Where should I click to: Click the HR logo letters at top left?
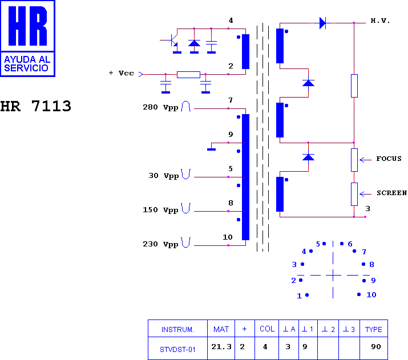click(x=27, y=26)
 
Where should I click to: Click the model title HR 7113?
click(x=35, y=106)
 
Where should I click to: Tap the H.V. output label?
click(x=380, y=21)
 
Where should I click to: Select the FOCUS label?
click(x=389, y=159)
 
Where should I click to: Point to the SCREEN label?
click(x=391, y=193)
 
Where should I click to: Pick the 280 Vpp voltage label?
click(x=160, y=107)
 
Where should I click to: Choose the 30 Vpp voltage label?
click(x=164, y=176)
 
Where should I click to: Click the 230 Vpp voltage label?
click(x=160, y=244)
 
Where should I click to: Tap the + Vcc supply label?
click(x=121, y=73)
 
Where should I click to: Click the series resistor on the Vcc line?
click(x=188, y=75)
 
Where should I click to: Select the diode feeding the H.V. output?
click(x=322, y=23)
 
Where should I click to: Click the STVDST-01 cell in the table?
click(x=177, y=349)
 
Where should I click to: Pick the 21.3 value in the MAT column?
click(x=221, y=347)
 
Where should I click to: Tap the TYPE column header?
click(x=373, y=330)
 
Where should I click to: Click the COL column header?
click(x=267, y=329)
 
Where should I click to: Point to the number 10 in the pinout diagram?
click(x=371, y=295)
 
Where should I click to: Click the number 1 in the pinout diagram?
click(x=299, y=296)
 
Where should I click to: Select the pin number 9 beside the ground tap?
click(x=231, y=135)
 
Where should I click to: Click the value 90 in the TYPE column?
click(x=376, y=347)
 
